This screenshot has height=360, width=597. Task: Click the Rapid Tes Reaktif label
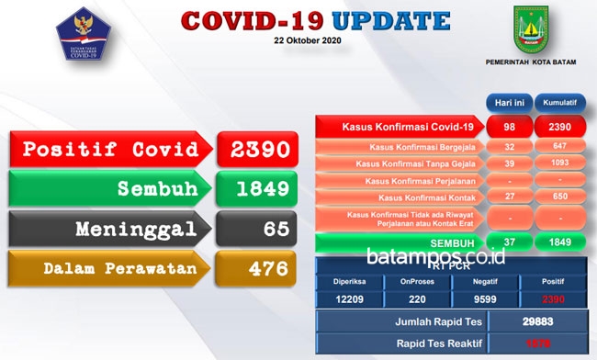(400, 343)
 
